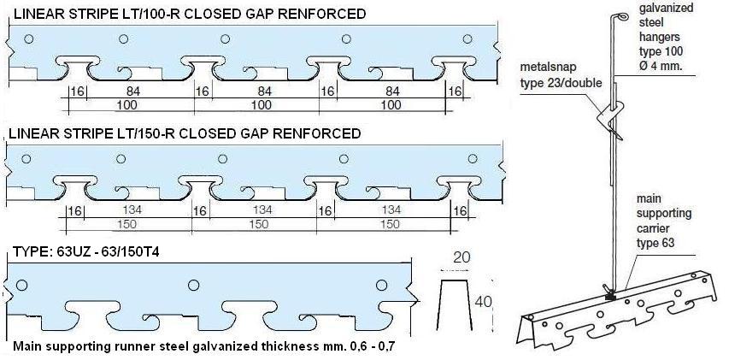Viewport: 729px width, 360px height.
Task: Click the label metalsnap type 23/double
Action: [559, 76]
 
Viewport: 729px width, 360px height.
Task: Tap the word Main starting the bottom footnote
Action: [29, 349]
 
